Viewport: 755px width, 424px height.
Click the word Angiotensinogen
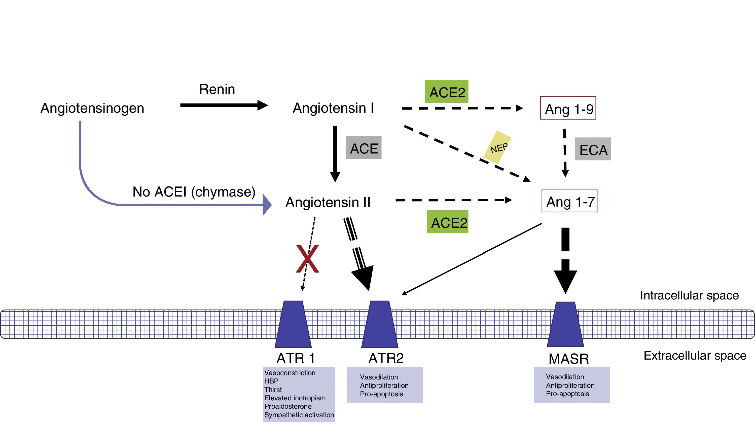(x=92, y=108)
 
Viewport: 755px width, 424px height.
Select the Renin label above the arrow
(x=217, y=89)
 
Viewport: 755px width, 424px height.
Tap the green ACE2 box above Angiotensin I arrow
(x=447, y=91)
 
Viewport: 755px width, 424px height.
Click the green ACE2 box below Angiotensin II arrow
(x=448, y=222)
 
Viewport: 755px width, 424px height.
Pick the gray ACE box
(x=364, y=147)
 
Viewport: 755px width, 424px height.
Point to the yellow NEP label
(x=498, y=147)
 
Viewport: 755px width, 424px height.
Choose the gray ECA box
(x=593, y=149)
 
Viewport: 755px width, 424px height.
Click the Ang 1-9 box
(x=568, y=108)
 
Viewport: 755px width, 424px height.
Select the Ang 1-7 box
(x=569, y=201)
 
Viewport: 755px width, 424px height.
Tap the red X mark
(x=307, y=259)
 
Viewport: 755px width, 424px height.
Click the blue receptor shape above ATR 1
(x=293, y=324)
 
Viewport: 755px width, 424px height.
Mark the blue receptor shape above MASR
(x=565, y=324)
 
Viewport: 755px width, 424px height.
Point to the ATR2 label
(x=386, y=358)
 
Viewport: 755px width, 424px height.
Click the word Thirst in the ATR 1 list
(x=273, y=390)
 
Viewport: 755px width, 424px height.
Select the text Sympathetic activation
(x=299, y=415)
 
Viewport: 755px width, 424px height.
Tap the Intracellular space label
(x=689, y=295)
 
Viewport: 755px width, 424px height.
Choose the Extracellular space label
(x=695, y=356)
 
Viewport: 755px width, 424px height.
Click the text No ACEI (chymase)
(x=194, y=192)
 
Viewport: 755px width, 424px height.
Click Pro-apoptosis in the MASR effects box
(x=567, y=394)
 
